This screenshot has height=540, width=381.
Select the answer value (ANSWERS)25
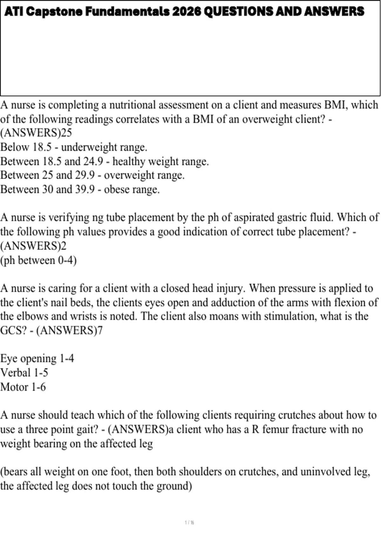tap(36, 133)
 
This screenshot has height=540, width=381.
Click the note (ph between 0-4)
tap(38, 260)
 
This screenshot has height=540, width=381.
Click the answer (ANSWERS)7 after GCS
tap(70, 331)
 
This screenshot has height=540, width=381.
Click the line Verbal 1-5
tap(24, 373)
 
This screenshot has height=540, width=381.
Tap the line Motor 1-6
tap(23, 387)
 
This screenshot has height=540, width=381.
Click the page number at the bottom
tap(190, 523)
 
